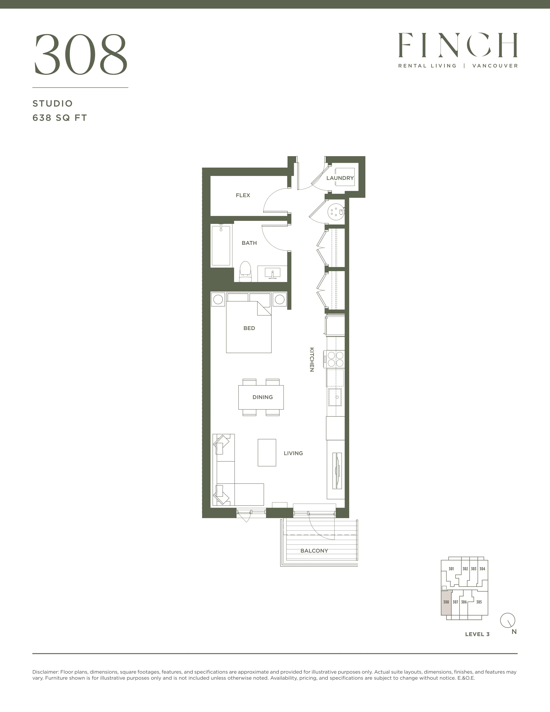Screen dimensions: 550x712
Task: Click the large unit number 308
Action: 81,54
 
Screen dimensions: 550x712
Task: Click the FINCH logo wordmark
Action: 458,45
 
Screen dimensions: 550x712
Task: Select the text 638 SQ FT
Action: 60,118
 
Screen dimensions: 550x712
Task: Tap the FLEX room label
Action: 243,195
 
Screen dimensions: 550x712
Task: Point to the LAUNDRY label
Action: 340,178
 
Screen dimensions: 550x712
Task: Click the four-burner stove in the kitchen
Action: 335,359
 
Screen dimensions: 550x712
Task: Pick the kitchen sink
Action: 335,397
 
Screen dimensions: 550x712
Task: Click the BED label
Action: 249,328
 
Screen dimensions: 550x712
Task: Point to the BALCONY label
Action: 314,551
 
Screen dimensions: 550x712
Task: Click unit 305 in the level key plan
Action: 479,602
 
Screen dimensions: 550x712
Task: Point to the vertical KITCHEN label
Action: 312,360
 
